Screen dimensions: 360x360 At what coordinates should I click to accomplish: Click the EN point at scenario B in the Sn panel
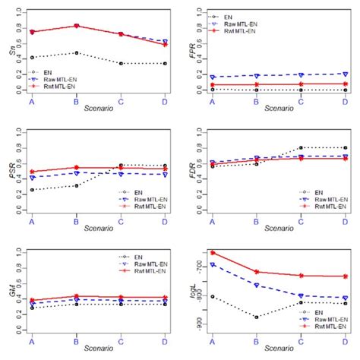pos(76,53)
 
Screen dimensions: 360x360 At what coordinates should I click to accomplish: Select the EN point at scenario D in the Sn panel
pos(165,64)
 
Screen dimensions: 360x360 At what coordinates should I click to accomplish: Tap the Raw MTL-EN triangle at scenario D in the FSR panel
pos(165,174)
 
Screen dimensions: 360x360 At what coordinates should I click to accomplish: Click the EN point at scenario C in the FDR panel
pos(301,148)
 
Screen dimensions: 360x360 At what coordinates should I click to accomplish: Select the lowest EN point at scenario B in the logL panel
pos(257,317)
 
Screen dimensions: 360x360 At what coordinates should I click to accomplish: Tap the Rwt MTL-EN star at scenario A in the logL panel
pos(213,252)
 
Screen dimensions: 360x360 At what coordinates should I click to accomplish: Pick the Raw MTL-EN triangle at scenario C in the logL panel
pos(301,295)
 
